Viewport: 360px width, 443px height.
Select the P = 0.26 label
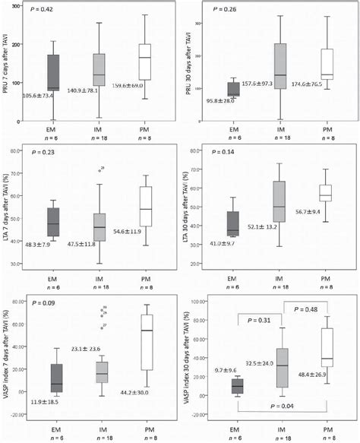click(x=223, y=10)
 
